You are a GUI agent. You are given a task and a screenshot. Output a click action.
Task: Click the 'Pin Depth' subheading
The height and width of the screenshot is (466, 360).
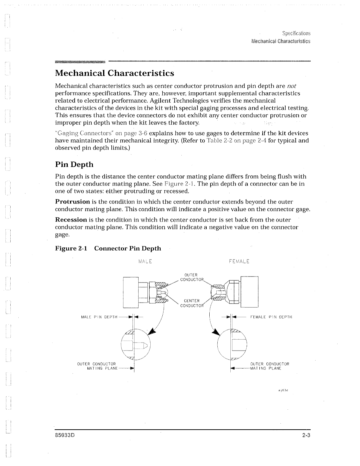pyautogui.click(x=74, y=164)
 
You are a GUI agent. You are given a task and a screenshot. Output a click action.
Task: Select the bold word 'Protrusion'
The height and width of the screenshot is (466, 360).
pyautogui.click(x=72, y=202)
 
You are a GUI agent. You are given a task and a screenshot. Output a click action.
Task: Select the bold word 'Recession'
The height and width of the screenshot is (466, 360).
pyautogui.click(x=71, y=219)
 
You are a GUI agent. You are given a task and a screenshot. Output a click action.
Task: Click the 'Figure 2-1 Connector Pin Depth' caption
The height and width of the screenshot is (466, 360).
pyautogui.click(x=108, y=248)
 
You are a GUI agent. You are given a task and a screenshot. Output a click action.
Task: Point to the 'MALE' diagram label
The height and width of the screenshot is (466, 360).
pyautogui.click(x=146, y=262)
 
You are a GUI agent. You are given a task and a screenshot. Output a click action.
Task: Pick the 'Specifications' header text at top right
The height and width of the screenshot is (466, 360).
pyautogui.click(x=296, y=33)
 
